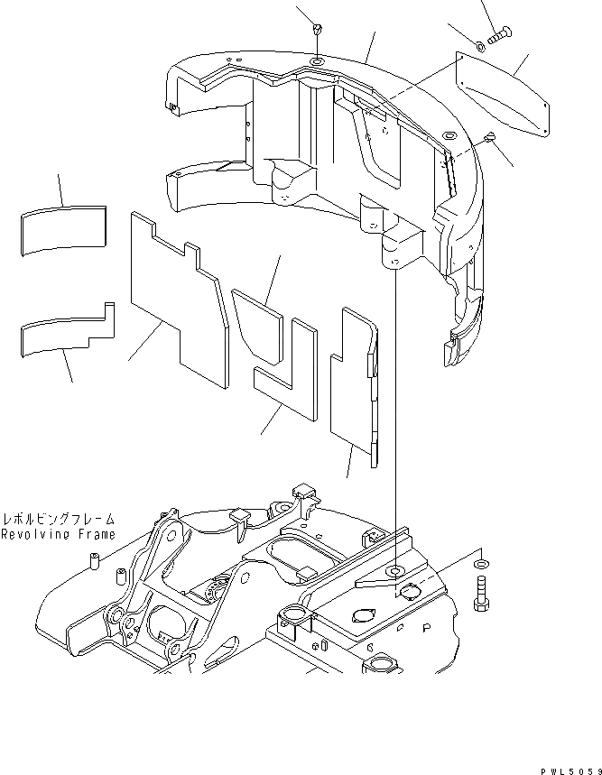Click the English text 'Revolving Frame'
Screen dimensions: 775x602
coord(58,535)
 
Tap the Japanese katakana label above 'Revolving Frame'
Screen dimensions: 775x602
coord(58,520)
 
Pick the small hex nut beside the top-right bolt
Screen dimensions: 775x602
coord(478,46)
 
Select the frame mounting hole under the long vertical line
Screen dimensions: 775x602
coord(395,573)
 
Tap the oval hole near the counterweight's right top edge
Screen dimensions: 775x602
coord(446,134)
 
